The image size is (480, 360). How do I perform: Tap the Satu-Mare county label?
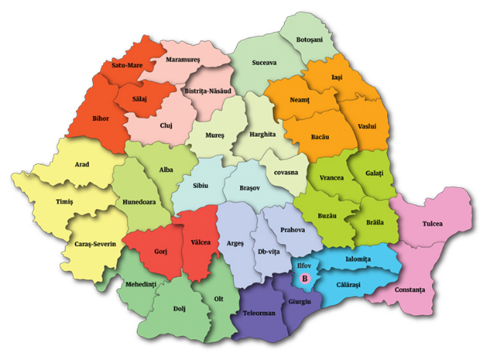tap(128, 65)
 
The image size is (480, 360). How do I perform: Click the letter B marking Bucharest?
tap(304, 278)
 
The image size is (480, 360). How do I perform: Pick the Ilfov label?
tap(307, 261)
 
